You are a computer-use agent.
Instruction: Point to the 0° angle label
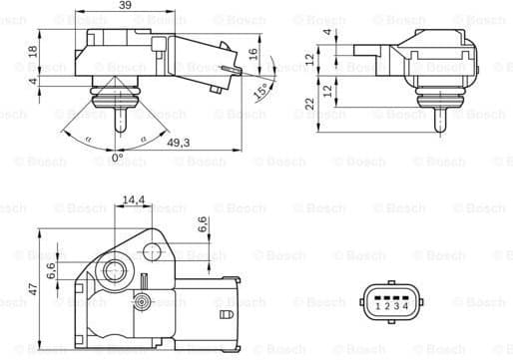pyautogui.click(x=116, y=159)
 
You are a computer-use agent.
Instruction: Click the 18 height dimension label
pyautogui.click(x=32, y=51)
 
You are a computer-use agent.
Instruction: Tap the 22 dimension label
pyautogui.click(x=310, y=102)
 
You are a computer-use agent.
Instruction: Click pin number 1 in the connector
pyautogui.click(x=375, y=306)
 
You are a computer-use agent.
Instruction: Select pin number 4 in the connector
pyautogui.click(x=403, y=306)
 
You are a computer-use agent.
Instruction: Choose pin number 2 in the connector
pyautogui.click(x=384, y=306)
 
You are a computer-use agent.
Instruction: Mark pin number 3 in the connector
pyautogui.click(x=394, y=306)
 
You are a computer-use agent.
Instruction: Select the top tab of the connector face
pyautogui.click(x=389, y=285)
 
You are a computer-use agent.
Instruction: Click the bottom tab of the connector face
pyautogui.click(x=389, y=325)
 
